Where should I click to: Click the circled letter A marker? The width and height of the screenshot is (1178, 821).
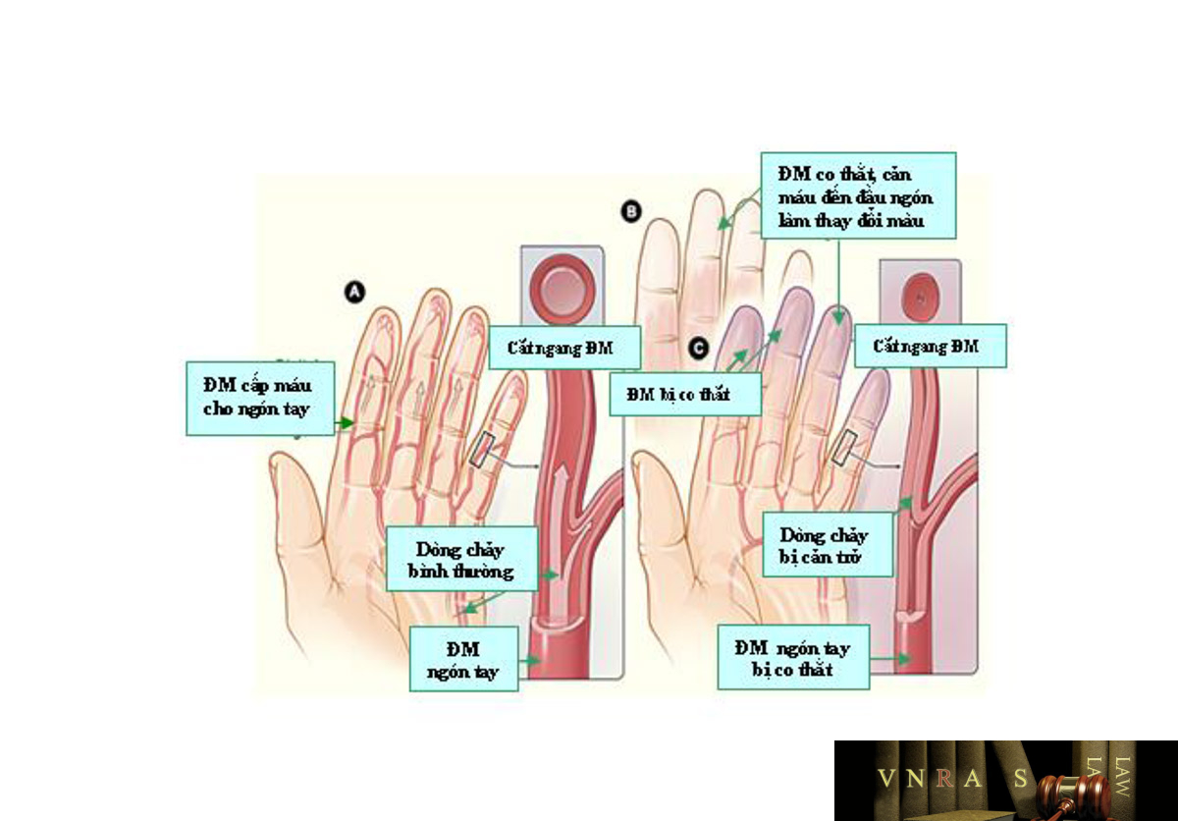coord(355,292)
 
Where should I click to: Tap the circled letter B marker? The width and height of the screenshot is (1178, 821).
coord(631,211)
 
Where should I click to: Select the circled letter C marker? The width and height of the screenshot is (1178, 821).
coord(699,349)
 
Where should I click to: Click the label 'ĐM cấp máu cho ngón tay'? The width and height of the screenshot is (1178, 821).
coord(260,398)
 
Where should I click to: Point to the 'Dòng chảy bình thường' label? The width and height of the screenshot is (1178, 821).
coord(461,559)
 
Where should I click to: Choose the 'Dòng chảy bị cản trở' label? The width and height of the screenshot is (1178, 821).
coord(828,545)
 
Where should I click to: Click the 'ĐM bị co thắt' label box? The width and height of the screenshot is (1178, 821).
coord(685,394)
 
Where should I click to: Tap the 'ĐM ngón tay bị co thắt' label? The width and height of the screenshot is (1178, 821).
coord(793,657)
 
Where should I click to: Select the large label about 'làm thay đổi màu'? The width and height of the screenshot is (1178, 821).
coord(858,195)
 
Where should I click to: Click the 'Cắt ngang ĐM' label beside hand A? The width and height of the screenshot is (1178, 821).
coord(564,348)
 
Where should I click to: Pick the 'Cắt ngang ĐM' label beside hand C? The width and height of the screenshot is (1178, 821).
coord(931,346)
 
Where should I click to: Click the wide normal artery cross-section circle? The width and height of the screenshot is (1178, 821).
coord(562,287)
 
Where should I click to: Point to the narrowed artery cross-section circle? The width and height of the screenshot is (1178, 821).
coord(921,298)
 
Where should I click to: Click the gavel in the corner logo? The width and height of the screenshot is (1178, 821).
coord(1073,794)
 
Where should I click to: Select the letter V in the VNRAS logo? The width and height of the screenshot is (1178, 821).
coord(887,778)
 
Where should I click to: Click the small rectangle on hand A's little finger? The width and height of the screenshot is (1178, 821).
coord(482,449)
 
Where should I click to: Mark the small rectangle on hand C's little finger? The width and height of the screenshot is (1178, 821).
coord(845,448)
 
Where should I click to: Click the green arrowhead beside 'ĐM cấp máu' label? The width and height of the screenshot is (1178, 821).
coord(346,422)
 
